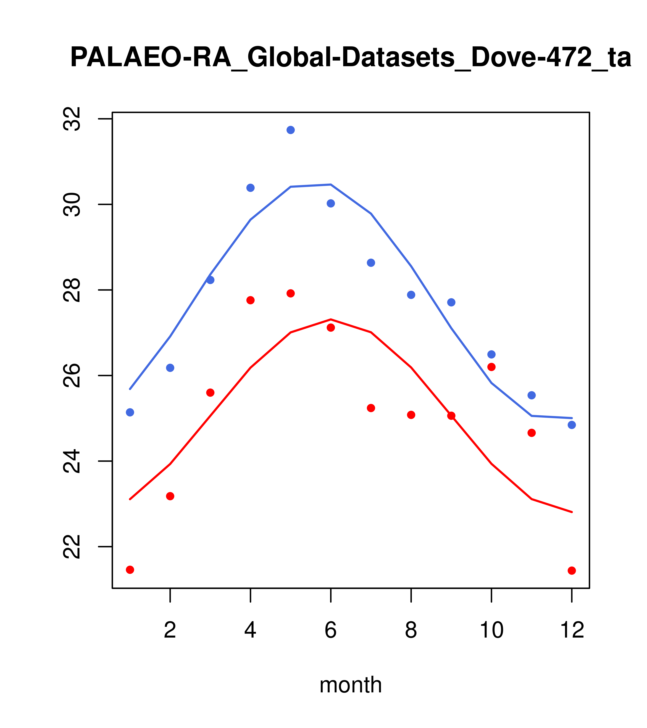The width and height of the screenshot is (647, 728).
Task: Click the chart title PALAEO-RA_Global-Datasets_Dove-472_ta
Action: [351, 58]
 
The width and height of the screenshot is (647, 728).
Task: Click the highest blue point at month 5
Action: [291, 130]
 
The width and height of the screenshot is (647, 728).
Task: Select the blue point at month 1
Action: [130, 412]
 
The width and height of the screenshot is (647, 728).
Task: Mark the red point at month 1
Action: [130, 570]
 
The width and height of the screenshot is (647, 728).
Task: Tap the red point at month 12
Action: [572, 571]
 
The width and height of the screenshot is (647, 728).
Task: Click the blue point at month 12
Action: [572, 425]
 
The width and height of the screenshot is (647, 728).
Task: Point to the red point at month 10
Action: [491, 367]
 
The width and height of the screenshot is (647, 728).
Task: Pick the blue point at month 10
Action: [491, 354]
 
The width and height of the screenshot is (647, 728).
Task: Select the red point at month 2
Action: [170, 496]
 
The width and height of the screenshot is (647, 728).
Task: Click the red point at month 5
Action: [291, 293]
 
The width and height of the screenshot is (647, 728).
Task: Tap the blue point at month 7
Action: [371, 263]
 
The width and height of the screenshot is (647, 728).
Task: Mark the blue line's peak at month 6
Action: [331, 185]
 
